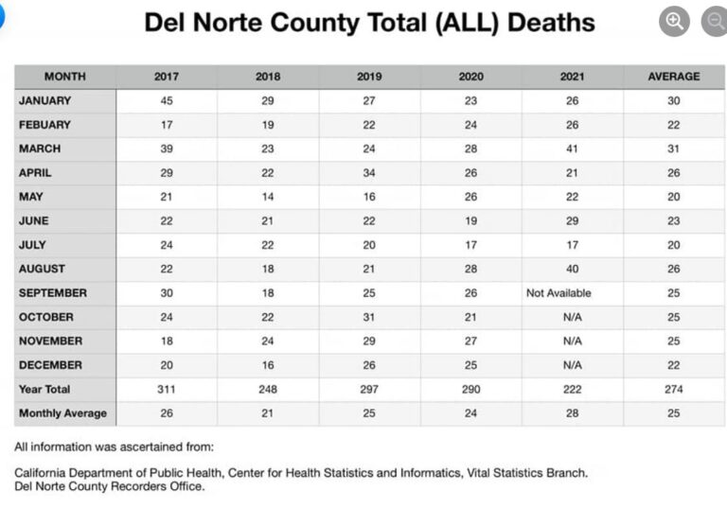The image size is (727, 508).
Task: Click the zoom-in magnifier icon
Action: coord(674,22)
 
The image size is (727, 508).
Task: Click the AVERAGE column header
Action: coord(673,77)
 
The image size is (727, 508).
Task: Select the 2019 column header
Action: coord(369,77)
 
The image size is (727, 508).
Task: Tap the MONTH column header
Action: coord(64,77)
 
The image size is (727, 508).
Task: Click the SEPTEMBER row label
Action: coord(53,293)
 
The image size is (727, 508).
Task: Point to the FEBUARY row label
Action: coord(44,125)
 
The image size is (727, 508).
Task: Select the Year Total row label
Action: coord(44,389)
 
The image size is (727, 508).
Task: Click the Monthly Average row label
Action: coord(62,413)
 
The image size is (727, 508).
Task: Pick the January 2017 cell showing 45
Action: coord(167,100)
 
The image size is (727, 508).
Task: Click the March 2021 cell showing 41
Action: coord(572,149)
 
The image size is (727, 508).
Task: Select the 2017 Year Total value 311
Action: coord(167,389)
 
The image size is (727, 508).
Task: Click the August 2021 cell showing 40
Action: coord(572,269)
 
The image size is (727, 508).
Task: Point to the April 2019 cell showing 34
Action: coord(369,173)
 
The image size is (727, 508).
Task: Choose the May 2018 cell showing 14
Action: coord(268,197)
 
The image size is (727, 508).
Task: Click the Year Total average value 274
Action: coord(673,389)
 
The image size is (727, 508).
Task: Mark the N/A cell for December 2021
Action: coord(572,365)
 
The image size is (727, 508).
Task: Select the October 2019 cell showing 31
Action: coord(369,317)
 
